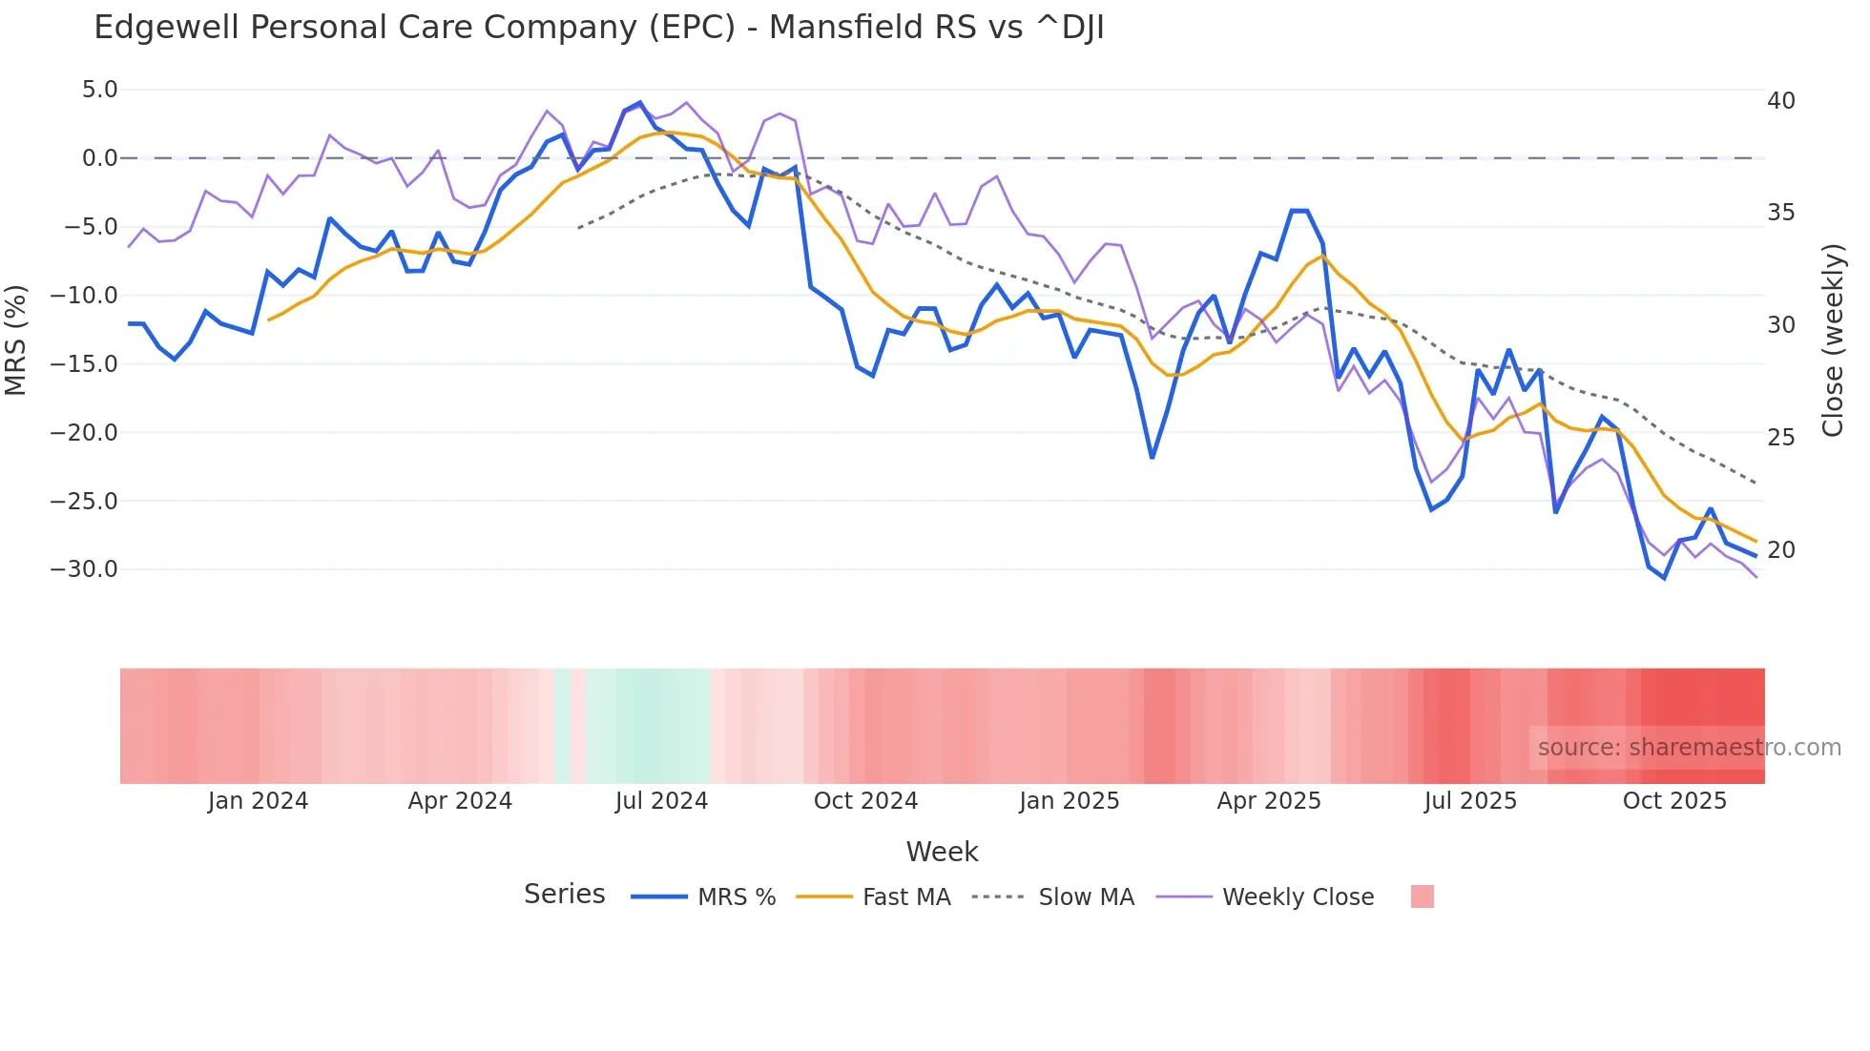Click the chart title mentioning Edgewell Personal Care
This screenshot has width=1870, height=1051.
(598, 28)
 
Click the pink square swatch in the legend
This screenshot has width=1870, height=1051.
(1422, 896)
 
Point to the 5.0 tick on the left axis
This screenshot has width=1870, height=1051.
(99, 90)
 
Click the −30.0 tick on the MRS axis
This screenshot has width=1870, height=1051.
(84, 569)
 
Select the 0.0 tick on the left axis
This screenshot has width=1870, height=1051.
(99, 158)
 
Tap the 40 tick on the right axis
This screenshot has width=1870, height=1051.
(1780, 101)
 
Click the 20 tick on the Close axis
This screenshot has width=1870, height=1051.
(1780, 550)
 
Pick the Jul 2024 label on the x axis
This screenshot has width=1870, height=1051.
(661, 801)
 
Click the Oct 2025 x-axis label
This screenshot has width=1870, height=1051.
(1674, 801)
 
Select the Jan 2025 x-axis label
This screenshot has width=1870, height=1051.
(1069, 801)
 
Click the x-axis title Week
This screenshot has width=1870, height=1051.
(942, 852)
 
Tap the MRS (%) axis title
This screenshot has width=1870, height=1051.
(16, 340)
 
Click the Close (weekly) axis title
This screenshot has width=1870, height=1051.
(1833, 340)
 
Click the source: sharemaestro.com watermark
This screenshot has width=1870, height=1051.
(1689, 748)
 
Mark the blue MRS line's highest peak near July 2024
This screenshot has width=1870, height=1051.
(640, 102)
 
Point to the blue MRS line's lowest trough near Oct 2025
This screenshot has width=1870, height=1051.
(1664, 578)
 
